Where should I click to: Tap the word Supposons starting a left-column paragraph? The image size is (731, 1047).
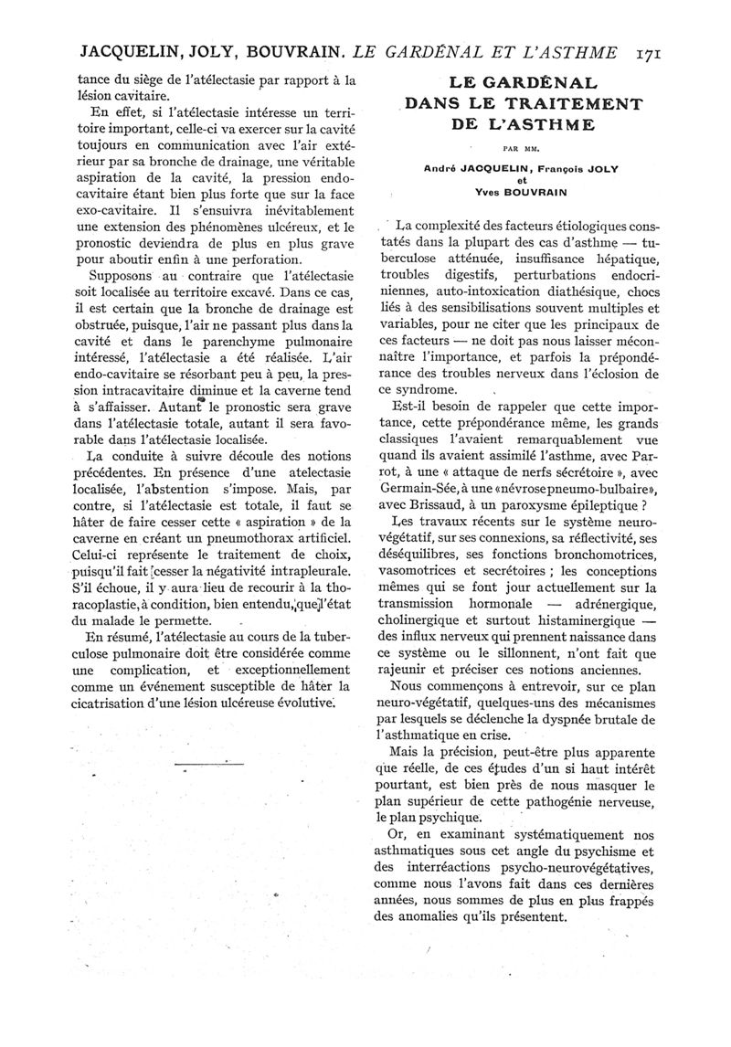point(115,274)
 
